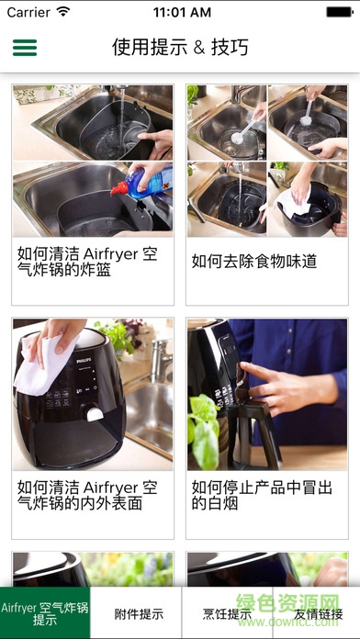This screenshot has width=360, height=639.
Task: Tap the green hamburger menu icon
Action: (25, 48)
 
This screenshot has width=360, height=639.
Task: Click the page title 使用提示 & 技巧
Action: (180, 48)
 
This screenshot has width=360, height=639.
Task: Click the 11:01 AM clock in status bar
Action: (180, 13)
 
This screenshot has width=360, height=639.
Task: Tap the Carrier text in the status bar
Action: (28, 13)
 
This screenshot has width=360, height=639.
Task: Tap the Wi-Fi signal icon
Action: (63, 13)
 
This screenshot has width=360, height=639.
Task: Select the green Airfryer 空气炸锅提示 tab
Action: (45, 613)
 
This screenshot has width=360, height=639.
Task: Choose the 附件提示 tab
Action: (135, 614)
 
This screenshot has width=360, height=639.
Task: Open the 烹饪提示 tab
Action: (225, 614)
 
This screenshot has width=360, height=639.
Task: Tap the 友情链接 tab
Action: (317, 614)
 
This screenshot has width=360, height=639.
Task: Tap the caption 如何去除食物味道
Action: (254, 262)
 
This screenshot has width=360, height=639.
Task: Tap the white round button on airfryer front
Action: (94, 413)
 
